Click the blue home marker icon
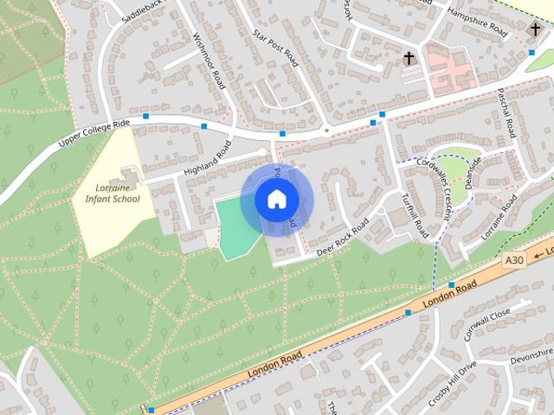pyautogui.click(x=276, y=199)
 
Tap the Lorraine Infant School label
pyautogui.click(x=113, y=193)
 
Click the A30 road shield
pyautogui.click(x=514, y=259)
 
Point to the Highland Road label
pyautogui.click(x=208, y=158)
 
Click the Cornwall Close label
pyautogui.click(x=488, y=321)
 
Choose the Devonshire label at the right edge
pyautogui.click(x=531, y=354)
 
